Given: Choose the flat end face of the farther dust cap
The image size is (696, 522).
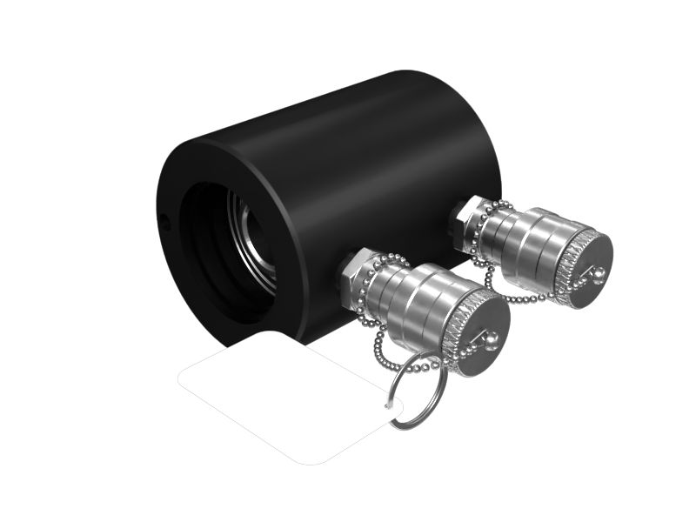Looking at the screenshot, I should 586,266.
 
